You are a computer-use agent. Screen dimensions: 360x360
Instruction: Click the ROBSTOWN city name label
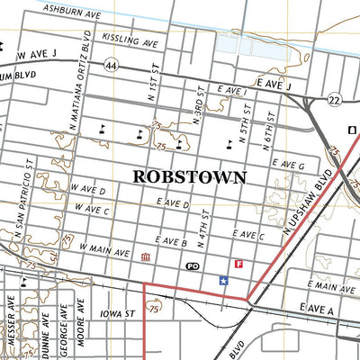pyautogui.click(x=189, y=176)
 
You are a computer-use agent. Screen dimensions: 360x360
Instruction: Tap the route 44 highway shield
pyautogui.click(x=111, y=66)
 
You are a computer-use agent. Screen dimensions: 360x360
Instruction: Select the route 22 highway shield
pyautogui.click(x=333, y=99)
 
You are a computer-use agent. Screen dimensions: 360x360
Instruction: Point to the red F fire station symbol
pyautogui.click(x=238, y=265)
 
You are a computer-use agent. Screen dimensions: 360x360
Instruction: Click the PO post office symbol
pyautogui.click(x=191, y=266)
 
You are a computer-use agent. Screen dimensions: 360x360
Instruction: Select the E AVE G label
pyautogui.click(x=288, y=166)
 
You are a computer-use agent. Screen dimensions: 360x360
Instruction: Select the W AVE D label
pyautogui.click(x=90, y=192)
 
